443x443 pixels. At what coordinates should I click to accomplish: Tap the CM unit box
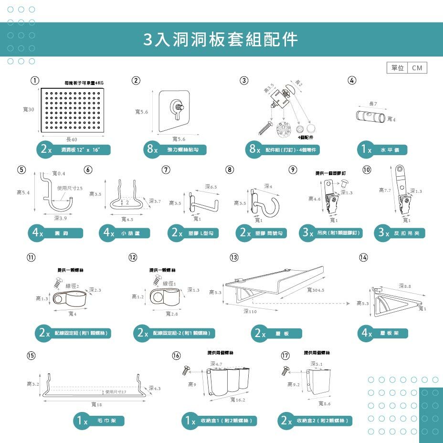coord(417,68)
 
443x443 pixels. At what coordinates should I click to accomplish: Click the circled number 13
coord(234,257)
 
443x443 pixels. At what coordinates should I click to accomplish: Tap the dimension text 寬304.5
coord(316,290)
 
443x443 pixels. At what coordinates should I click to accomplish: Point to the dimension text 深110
coord(250,311)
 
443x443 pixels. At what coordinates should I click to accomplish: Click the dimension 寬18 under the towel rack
coord(96,405)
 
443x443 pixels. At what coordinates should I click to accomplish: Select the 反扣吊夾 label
coord(401,233)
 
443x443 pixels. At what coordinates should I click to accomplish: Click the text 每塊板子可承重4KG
coord(84,83)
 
